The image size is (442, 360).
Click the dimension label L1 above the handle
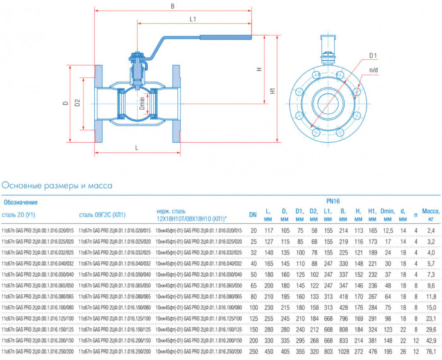(x=193, y=20)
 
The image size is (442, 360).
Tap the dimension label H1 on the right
(x=273, y=90)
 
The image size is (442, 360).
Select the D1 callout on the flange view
(x=373, y=56)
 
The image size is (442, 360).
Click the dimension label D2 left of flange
(x=78, y=102)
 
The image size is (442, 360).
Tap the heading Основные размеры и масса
(x=57, y=186)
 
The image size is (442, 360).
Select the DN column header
(x=253, y=213)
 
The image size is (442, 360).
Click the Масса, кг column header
(x=430, y=213)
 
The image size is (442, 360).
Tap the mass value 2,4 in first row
(x=431, y=232)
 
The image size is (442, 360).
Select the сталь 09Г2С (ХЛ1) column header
(x=102, y=214)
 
